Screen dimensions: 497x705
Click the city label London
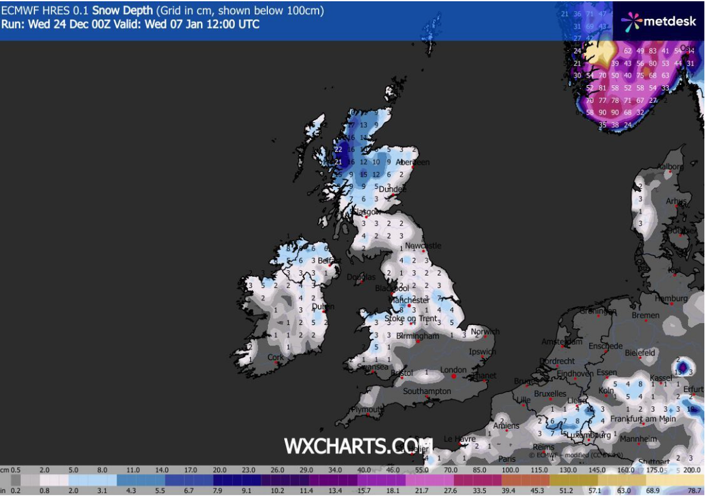[453, 370]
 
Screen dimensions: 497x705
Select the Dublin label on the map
[323, 306]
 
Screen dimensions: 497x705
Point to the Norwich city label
[485, 332]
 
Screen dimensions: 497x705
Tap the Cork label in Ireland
[276, 357]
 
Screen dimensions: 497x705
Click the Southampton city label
[427, 391]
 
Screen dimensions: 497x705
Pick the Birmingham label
[418, 336]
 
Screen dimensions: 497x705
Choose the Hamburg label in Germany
[672, 299]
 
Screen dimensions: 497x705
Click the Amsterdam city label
[562, 342]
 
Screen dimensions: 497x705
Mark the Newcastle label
[423, 245]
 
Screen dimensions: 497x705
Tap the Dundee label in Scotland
[392, 189]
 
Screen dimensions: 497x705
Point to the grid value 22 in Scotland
[338, 150]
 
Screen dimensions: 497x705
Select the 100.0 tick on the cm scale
[510, 470]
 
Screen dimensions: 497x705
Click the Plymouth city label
[366, 409]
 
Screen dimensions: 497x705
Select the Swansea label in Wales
[372, 366]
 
